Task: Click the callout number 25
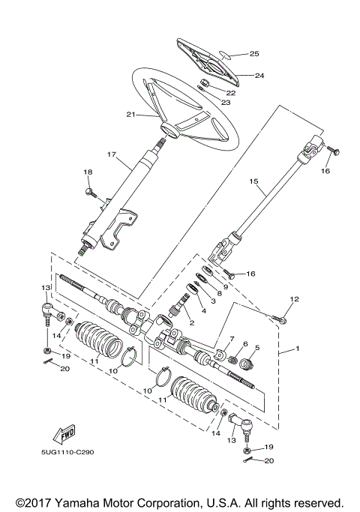pos(254,54)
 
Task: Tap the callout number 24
pos(259,75)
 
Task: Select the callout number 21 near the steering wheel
pos(130,114)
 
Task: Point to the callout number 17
pos(112,155)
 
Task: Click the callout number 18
pos(87,172)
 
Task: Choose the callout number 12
pos(294,299)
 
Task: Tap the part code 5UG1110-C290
pos(62,452)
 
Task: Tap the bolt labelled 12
pos(280,319)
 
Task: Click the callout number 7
pos(232,339)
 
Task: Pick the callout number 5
pos(256,348)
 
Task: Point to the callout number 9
pos(225,286)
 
